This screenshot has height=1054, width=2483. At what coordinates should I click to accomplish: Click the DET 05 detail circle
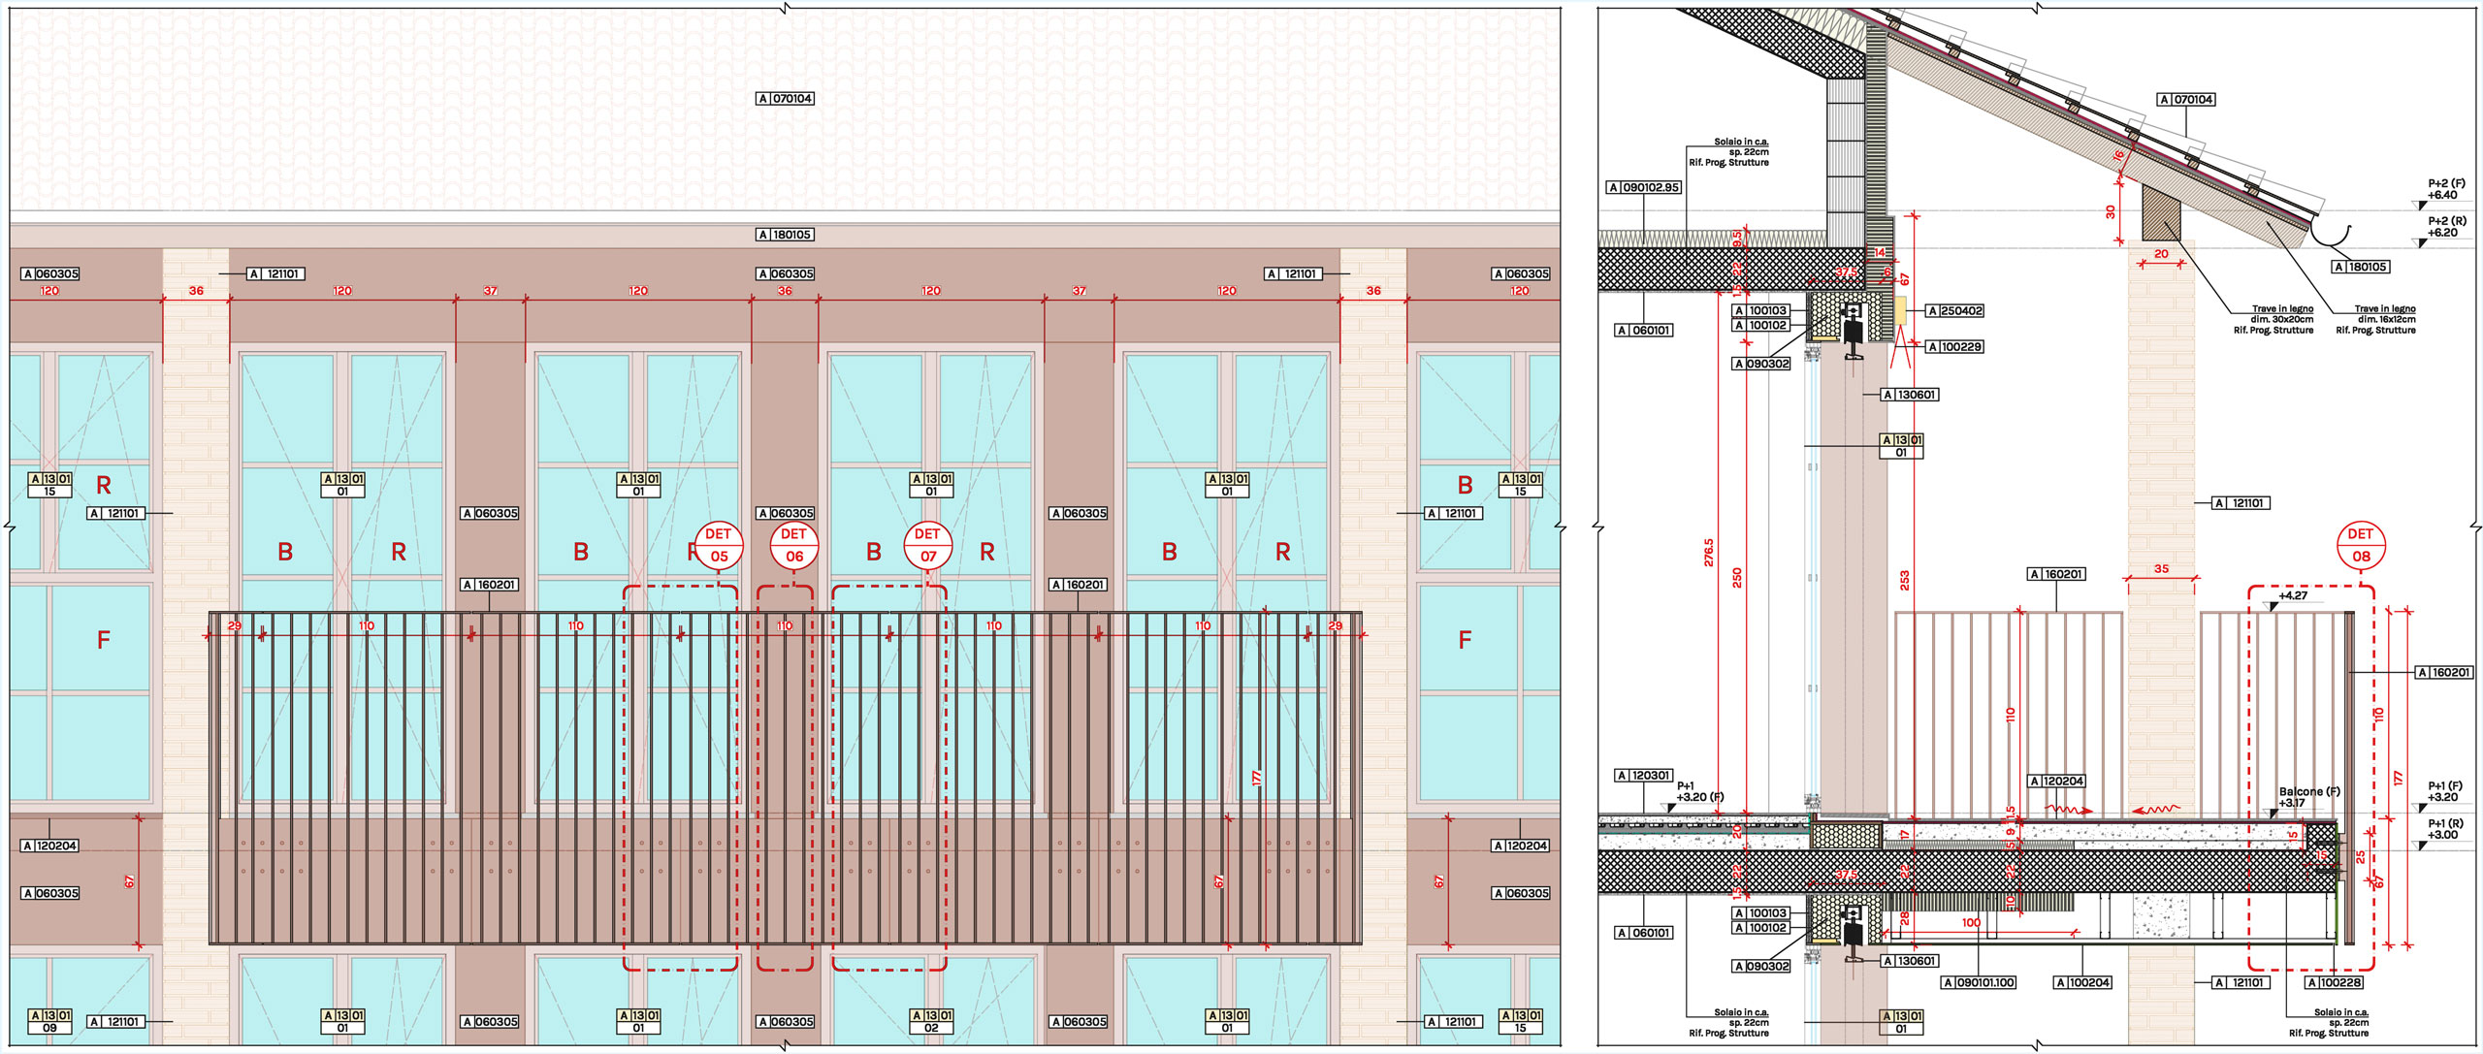(x=719, y=546)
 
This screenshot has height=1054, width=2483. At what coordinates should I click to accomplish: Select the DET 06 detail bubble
(x=793, y=546)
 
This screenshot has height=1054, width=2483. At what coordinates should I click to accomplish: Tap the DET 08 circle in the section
(x=2360, y=546)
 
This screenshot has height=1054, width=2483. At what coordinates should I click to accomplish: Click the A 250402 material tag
(x=1954, y=311)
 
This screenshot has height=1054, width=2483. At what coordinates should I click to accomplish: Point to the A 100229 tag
(x=1953, y=347)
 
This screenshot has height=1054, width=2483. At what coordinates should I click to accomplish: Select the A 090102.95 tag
(x=1644, y=187)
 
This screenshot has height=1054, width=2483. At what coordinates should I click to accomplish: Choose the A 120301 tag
(x=1644, y=776)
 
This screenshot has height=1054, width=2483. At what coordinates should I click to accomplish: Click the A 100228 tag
(x=2335, y=983)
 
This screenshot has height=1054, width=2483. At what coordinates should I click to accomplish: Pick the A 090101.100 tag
(x=1979, y=983)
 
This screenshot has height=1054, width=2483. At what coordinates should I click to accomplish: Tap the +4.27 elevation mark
(x=2293, y=596)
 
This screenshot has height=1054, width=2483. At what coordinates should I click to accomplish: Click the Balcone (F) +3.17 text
(x=2308, y=797)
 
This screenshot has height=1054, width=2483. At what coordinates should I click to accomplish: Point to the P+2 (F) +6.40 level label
(x=2446, y=189)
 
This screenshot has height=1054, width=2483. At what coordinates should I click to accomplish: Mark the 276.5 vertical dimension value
(x=1708, y=553)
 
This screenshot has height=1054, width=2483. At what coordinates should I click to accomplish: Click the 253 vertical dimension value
(x=1905, y=580)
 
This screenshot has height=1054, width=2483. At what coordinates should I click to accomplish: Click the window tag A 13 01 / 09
(x=49, y=1022)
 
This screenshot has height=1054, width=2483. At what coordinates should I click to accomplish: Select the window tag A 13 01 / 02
(x=930, y=1022)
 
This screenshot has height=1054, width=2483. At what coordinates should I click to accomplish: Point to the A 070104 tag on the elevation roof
(x=785, y=99)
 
